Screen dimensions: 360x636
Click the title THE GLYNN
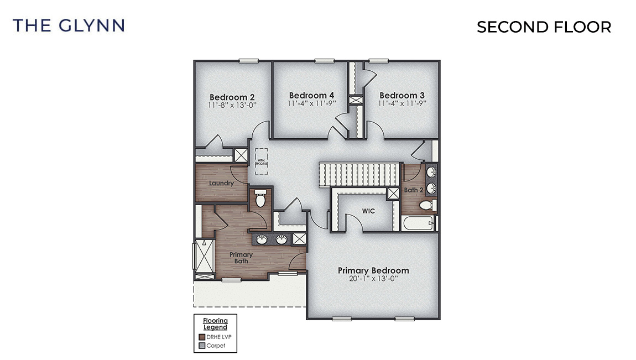[69, 25]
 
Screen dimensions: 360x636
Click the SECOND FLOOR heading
[544, 27]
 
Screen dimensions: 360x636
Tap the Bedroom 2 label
[232, 97]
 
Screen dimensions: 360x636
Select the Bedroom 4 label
[311, 95]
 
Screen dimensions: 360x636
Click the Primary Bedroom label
[373, 270]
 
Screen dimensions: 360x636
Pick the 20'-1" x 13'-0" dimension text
[373, 279]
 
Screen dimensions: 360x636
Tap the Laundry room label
[221, 183]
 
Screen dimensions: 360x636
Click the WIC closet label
[369, 211]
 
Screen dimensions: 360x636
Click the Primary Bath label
[241, 258]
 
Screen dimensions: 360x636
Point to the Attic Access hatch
[261, 161]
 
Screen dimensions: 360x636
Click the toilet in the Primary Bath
[260, 197]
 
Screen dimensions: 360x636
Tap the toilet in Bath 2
[427, 206]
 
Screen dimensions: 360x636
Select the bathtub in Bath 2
[418, 224]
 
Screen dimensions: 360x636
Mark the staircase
[359, 175]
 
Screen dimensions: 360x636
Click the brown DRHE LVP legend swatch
[202, 337]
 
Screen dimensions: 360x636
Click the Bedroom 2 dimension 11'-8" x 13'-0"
[232, 105]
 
